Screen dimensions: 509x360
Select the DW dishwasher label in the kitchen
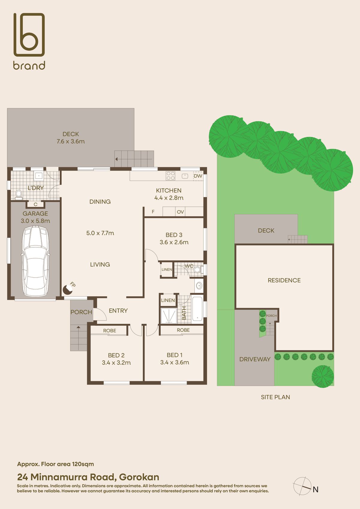coord(198,176)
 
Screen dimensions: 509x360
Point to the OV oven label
coord(180,212)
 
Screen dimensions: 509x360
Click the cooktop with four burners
coord(171,176)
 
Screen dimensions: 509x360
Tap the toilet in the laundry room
coord(19,194)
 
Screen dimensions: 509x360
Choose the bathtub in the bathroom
coord(197,309)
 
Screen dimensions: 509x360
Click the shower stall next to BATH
coord(169,316)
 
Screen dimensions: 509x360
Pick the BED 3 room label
coord(174,235)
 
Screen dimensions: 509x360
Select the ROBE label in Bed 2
coord(109,331)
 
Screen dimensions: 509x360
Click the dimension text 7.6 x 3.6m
coord(71,141)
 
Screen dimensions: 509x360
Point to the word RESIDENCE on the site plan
coord(284,280)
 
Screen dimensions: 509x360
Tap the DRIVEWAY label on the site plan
coord(255,359)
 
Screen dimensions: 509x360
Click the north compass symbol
coord(302,486)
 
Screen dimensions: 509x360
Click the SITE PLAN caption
coord(275,397)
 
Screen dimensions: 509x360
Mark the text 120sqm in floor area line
coord(83,464)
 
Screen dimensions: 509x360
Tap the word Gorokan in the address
coord(139,477)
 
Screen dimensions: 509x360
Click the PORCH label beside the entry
coord(81,312)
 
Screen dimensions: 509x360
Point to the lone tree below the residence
coord(323,376)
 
